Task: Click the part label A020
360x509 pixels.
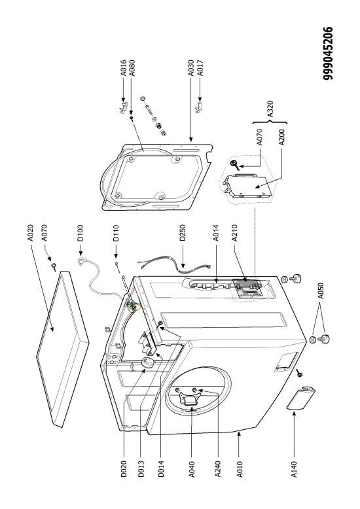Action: point(30,233)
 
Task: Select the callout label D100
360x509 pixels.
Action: point(81,233)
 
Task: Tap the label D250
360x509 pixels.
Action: point(182,233)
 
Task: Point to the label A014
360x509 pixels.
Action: point(216,233)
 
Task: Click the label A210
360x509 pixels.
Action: point(234,233)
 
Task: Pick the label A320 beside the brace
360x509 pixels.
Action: point(270,109)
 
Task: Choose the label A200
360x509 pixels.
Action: point(281,137)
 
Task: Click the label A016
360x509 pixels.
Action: point(124,68)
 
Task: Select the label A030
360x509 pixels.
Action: point(191,68)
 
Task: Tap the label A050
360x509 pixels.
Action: point(321,291)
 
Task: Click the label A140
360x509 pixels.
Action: point(294,469)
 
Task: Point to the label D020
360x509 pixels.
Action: point(124,469)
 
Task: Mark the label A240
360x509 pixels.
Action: point(218,469)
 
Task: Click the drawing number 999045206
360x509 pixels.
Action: point(328,53)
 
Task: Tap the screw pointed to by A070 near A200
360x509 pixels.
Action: point(235,165)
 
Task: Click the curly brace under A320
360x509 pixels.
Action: point(270,122)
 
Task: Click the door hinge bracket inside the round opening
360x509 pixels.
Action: point(189,398)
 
